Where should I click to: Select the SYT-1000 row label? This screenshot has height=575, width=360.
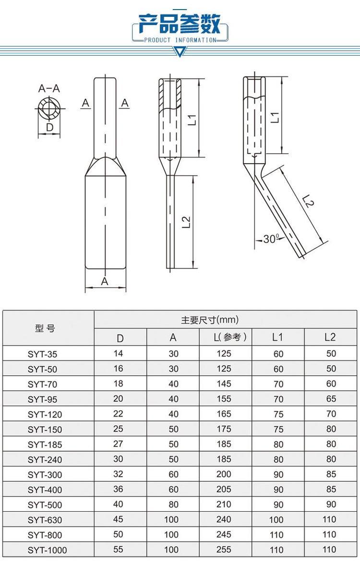coord(47,550)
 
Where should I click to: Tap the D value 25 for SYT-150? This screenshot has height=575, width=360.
coord(118,429)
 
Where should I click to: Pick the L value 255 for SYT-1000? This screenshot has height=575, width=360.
coord(224,549)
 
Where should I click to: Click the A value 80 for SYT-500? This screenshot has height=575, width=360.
coord(173,504)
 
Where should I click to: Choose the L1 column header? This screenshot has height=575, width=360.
coord(277,337)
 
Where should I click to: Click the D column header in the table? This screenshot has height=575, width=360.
coord(120,338)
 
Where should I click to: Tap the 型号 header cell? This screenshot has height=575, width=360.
coord(45,328)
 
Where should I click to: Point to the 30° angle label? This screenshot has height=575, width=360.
coord(271,239)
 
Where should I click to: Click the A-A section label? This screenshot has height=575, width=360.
coord(49,88)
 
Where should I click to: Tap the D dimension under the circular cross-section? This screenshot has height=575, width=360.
coord(49,127)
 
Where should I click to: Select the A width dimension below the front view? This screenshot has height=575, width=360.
coord(105,281)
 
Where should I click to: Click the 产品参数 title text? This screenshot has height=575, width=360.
coord(180,23)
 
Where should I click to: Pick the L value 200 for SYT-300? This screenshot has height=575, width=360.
coord(224,474)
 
